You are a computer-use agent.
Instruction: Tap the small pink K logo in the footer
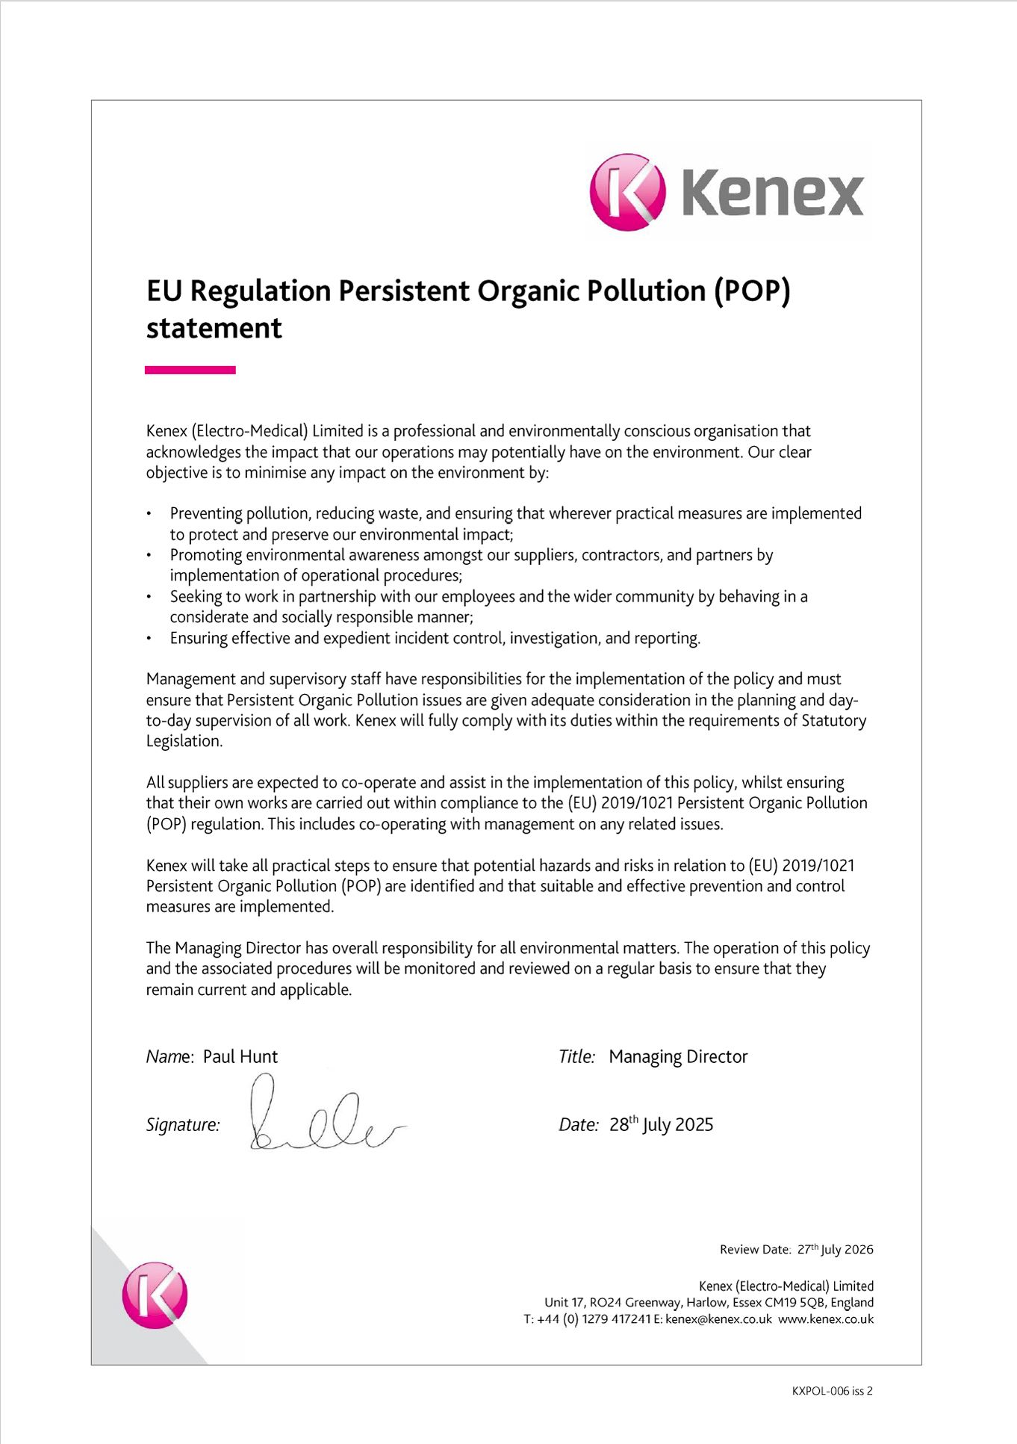tap(155, 1295)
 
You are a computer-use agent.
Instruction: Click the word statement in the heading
tap(214, 329)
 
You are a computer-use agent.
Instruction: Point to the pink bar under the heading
tap(190, 370)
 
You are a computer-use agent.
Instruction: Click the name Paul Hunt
tap(240, 1056)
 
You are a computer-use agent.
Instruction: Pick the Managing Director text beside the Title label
tap(678, 1056)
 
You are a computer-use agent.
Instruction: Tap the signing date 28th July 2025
tap(661, 1124)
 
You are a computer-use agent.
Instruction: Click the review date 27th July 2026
tap(835, 1249)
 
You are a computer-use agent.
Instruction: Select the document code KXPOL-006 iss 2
tap(832, 1391)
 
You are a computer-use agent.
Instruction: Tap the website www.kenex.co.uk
tap(826, 1319)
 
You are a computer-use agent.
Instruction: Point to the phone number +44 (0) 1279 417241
tap(594, 1319)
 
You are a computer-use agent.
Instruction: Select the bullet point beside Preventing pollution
tap(149, 514)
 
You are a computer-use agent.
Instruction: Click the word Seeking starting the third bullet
tap(196, 597)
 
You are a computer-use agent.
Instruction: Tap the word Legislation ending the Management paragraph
tap(184, 741)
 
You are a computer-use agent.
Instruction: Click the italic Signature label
tap(183, 1125)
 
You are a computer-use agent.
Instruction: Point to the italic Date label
tap(578, 1125)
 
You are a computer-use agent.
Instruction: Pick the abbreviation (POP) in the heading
tap(752, 291)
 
